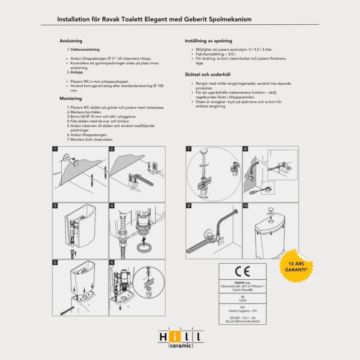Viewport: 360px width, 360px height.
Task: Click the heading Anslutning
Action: tap(71, 41)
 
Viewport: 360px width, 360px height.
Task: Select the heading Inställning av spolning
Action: tap(208, 41)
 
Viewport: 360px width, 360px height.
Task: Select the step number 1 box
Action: tap(56, 149)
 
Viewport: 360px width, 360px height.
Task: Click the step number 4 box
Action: tap(112, 206)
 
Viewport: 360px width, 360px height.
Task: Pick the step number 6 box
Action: tap(112, 263)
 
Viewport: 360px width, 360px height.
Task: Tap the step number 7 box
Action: tap(189, 149)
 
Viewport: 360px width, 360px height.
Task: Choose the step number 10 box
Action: tap(246, 206)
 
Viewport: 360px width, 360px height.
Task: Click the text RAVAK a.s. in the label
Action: tap(242, 282)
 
